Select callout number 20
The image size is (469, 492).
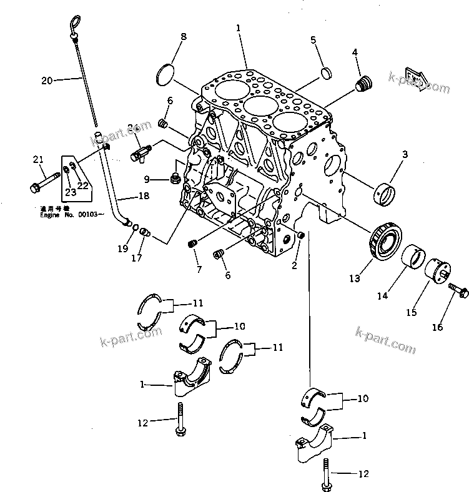48,80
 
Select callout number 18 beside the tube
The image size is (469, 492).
144,197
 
